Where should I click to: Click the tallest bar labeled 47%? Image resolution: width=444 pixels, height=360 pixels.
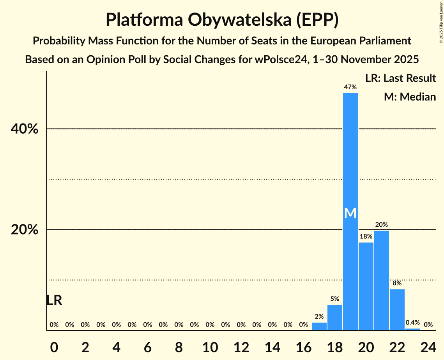350,156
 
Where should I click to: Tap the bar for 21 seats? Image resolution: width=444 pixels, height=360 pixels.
381,281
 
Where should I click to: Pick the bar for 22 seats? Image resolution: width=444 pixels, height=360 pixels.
397,309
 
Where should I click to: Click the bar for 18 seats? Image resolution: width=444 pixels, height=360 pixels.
334,318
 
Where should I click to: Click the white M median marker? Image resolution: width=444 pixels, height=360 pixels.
350,213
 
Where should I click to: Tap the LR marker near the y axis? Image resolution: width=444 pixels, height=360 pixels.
54,300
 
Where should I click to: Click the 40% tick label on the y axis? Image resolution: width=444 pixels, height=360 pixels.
25,129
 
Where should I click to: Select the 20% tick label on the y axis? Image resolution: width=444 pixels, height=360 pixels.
25,230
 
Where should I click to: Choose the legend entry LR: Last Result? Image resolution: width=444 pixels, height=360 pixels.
400,78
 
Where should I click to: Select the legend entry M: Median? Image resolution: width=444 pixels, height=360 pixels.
410,97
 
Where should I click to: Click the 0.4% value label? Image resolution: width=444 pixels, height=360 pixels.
412,323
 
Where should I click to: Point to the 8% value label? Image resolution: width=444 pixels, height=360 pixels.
397,283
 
